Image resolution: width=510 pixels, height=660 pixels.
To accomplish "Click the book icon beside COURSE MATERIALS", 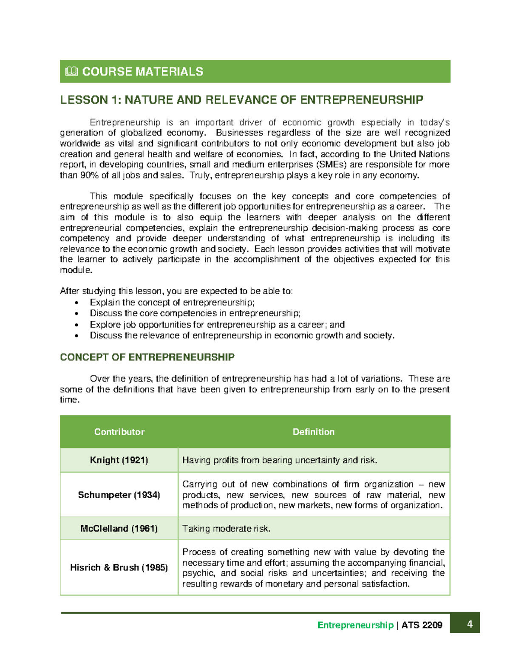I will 71,71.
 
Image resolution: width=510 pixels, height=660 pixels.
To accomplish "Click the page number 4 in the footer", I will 470,624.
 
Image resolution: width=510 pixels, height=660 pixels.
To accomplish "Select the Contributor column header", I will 119,432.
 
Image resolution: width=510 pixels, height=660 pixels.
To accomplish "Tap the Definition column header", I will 314,432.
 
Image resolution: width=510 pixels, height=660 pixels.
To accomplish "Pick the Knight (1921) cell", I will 119,460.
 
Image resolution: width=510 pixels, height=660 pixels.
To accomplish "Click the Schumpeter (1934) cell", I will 119,495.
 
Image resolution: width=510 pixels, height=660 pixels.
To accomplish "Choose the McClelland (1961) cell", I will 119,528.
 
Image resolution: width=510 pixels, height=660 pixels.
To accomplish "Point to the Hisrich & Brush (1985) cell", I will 119,567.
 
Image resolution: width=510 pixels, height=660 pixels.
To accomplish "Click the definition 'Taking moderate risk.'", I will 226,529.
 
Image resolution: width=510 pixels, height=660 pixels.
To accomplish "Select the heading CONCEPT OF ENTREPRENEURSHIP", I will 147,357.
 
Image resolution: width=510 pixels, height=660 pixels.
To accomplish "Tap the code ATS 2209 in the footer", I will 422,625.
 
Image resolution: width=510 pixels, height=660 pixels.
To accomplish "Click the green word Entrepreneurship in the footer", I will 355,625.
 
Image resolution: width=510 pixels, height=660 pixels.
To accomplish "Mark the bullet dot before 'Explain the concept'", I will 76,303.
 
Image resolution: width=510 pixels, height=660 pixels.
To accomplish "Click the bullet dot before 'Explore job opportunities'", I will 76,325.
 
